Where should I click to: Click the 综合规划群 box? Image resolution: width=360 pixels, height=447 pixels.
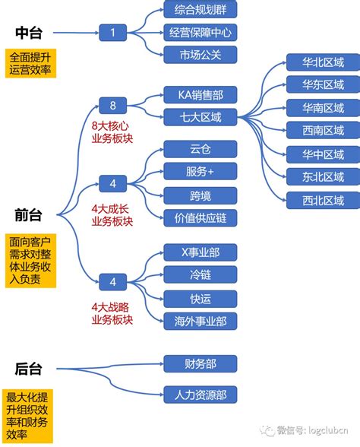coord(201,11)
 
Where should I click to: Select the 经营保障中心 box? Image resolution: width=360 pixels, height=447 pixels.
coord(201,33)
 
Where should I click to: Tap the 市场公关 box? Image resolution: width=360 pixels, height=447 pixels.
coord(201,55)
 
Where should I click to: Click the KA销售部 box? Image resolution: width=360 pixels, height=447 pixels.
coord(201,95)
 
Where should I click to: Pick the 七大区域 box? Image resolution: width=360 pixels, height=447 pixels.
coord(201,117)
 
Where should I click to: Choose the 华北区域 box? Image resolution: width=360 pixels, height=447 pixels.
coord(323,62)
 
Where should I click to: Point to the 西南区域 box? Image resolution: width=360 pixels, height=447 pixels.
coord(323,129)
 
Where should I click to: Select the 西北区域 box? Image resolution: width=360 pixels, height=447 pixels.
coord(323,201)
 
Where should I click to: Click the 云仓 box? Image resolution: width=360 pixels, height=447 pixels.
coord(201,150)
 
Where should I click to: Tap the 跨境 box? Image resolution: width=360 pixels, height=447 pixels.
coord(201,195)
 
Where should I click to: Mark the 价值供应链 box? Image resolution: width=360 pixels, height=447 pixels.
coord(201,218)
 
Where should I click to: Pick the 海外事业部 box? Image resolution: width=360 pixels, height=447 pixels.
coord(201,321)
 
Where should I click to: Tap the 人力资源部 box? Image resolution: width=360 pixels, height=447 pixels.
coord(201,395)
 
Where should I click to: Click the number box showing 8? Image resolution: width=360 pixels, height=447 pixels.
coord(113,106)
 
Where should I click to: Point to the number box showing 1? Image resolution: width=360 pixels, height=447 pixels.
coord(113,33)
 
